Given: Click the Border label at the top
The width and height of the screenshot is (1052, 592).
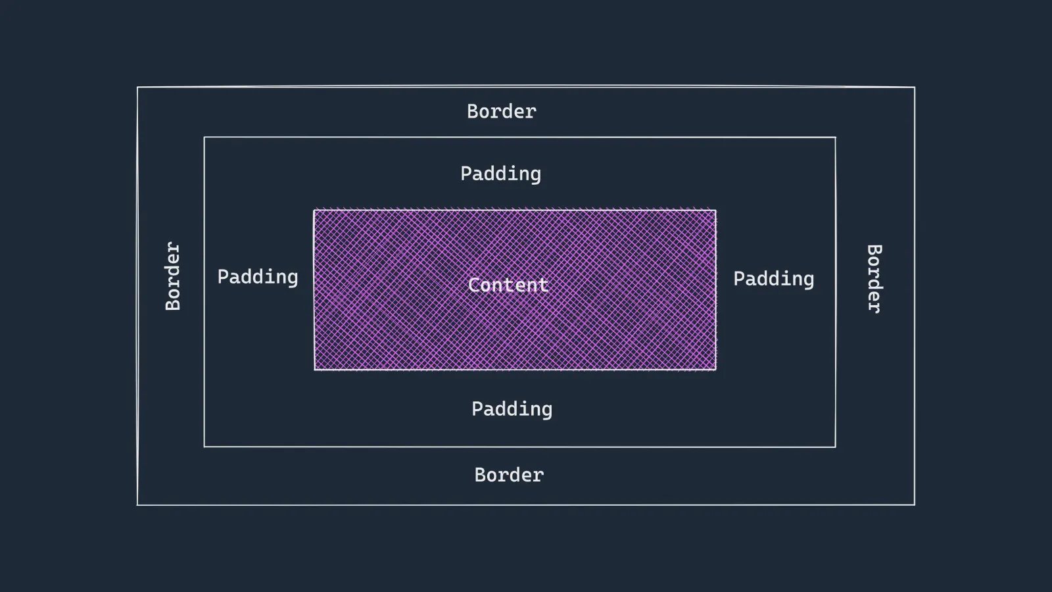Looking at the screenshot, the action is pos(502,111).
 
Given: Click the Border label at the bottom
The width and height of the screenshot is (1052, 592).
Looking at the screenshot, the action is pos(509,475).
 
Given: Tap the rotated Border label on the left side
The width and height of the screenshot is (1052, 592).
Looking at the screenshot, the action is pos(173,276).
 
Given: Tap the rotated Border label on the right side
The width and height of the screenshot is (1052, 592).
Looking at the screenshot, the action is pos(874,279).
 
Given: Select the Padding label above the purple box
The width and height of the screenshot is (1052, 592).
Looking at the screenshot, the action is pos(500,174).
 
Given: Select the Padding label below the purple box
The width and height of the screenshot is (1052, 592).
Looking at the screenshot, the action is pos(512,409).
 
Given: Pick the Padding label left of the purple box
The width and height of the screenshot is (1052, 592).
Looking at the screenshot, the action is pos(258,277).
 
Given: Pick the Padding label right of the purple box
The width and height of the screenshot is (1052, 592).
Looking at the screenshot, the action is pos(774,279).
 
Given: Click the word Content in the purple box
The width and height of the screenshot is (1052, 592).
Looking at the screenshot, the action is pos(508,285).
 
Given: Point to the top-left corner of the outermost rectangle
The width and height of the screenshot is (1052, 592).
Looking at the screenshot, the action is pos(137,87).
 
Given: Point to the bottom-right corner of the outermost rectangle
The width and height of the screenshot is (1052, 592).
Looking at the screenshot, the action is pos(915,505).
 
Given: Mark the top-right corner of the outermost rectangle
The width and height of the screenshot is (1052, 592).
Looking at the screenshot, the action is pos(915,87).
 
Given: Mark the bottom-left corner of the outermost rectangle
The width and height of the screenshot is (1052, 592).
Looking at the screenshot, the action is pos(137,505).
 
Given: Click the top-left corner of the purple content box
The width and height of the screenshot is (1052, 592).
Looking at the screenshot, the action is pos(314,210).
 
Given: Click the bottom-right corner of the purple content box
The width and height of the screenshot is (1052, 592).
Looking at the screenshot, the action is pos(716,370).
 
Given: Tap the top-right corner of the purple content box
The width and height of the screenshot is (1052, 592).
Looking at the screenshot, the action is pos(716,210).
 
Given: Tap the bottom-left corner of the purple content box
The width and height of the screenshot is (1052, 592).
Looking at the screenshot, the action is pos(314,370).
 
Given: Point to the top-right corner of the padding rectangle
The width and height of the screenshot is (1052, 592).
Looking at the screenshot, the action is pos(836,137).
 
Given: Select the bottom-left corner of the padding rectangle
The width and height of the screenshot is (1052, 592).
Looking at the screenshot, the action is pos(204,447).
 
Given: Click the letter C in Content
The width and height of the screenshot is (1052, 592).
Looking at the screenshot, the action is pos(473,285).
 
